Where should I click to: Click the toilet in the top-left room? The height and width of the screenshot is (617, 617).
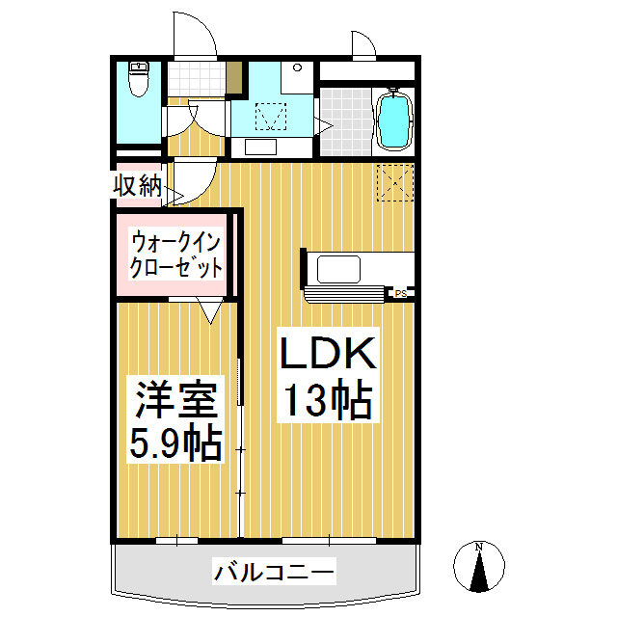point(139,79)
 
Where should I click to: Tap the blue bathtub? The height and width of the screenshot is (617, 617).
point(394,120)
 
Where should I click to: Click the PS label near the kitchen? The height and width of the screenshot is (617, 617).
point(401,293)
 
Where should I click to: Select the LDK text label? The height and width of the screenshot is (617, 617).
point(328,353)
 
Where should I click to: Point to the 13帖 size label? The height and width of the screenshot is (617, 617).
point(328,399)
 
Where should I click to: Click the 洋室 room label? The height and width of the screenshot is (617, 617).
point(175,399)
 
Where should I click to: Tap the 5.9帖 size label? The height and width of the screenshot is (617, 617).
point(175,443)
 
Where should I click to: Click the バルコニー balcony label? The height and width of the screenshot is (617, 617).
point(274,572)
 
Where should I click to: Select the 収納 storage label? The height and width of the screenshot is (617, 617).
point(137,185)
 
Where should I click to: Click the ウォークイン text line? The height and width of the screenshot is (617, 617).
point(175,243)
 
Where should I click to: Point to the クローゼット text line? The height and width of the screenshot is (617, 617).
point(175,268)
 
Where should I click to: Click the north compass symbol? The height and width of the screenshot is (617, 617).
point(479,566)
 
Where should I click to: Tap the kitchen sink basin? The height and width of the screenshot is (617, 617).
point(338,269)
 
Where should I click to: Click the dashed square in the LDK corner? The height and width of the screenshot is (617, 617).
point(395,183)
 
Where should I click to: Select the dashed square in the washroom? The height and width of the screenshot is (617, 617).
point(271,117)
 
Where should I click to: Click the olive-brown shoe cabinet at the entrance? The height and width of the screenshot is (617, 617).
point(233,77)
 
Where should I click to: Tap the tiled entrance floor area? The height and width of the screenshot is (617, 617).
point(197,79)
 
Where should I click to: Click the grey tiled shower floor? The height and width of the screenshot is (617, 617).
point(346,121)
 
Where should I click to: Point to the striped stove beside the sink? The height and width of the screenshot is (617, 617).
point(344,294)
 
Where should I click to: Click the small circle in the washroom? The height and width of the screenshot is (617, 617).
point(298,67)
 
